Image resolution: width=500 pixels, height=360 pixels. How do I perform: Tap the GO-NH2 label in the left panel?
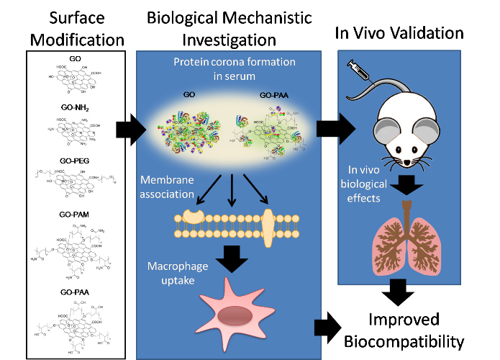coord(76,107)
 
